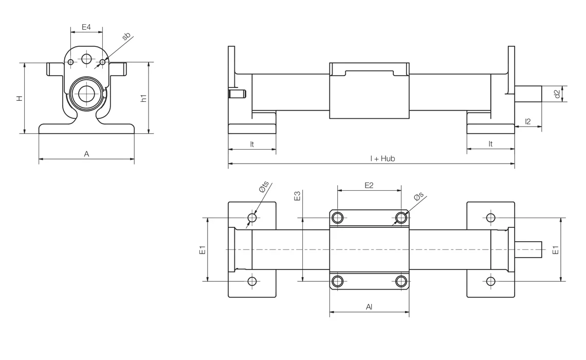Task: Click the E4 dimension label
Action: point(86,27)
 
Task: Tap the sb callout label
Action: point(126,37)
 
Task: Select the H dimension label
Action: point(19,98)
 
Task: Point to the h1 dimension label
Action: point(144,98)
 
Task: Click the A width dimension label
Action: point(86,153)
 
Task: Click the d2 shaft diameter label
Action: point(557,94)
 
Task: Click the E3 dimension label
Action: point(297,196)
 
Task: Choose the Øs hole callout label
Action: point(418,196)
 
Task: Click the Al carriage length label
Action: point(369,307)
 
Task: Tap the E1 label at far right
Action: point(555,250)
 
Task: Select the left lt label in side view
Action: point(252,145)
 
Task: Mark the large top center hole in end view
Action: point(86,59)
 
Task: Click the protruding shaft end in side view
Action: point(528,94)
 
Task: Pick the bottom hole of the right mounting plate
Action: point(490,281)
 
